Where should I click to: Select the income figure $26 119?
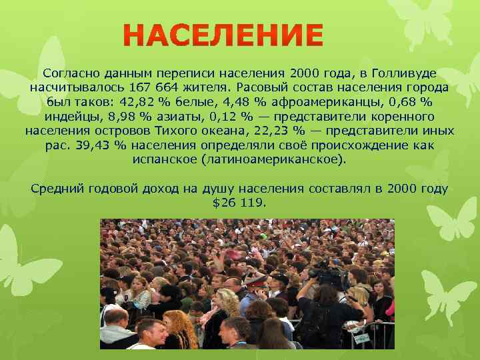click(x=239, y=203)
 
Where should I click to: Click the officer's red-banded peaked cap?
click(x=255, y=280)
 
